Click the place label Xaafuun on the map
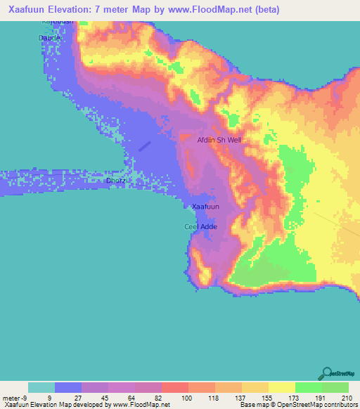coord(206,207)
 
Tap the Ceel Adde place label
coord(200,226)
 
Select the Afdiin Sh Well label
coord(219,140)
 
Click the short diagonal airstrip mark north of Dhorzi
coord(144,145)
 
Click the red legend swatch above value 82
coord(174,387)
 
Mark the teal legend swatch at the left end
coord(41,387)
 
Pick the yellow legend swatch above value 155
coord(255,387)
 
